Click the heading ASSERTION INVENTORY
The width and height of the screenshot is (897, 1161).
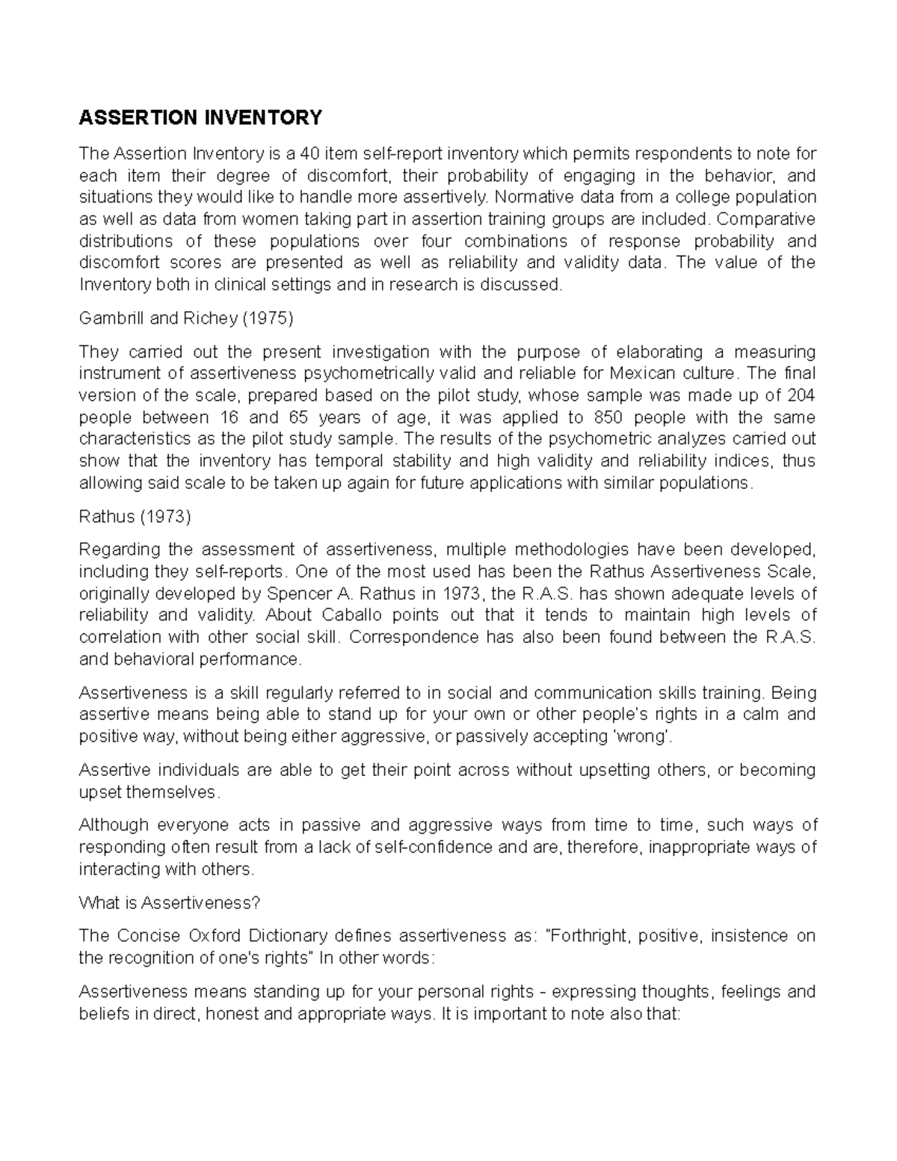tap(200, 117)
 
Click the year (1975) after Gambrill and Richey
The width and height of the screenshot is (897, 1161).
tap(267, 318)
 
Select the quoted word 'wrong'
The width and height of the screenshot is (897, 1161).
tap(641, 736)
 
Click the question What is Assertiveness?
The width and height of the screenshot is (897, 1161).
tap(169, 903)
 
